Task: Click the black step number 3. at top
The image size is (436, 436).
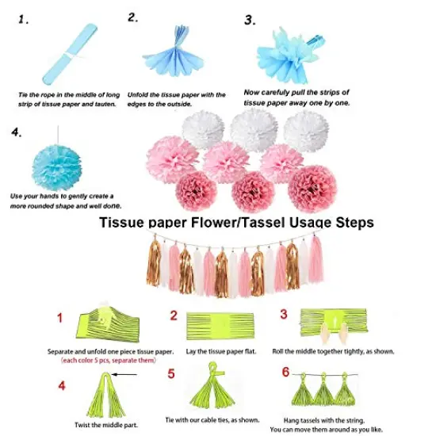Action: pyautogui.click(x=251, y=21)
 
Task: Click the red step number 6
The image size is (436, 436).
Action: pyautogui.click(x=286, y=372)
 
